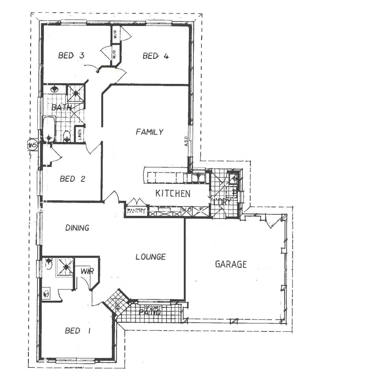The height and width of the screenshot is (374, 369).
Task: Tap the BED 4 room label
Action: [x=156, y=56]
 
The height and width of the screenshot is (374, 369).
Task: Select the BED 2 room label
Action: [x=72, y=179]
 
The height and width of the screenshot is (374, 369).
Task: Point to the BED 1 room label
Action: [x=78, y=331]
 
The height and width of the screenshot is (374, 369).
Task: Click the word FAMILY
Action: [x=150, y=132]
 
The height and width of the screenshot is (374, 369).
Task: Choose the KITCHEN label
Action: [x=173, y=194]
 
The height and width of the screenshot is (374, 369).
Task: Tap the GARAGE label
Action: [x=231, y=265]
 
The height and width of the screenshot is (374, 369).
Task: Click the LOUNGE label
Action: [x=150, y=257]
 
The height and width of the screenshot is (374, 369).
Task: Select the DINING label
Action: [x=77, y=228]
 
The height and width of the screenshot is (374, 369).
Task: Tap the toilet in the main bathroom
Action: [x=67, y=136]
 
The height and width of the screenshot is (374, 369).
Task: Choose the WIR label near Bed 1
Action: [x=87, y=271]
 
